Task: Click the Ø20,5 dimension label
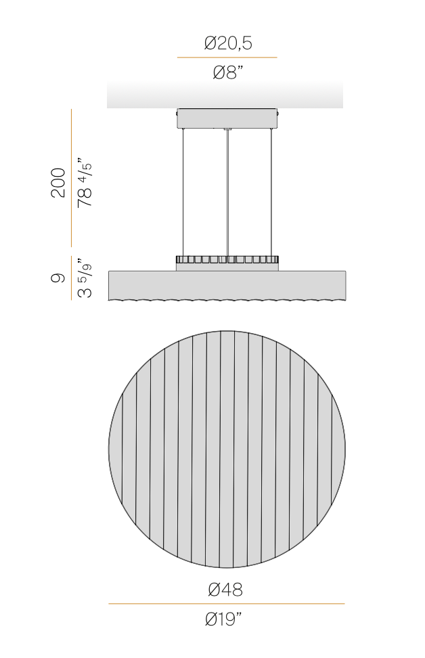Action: point(227,44)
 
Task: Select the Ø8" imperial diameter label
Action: point(227,73)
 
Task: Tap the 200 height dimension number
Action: point(59,183)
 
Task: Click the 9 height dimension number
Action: point(59,278)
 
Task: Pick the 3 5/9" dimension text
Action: point(85,278)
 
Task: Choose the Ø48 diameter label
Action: point(226,590)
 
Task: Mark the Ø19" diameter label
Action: point(226,619)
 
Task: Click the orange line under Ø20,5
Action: point(227,58)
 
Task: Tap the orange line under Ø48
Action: point(226,604)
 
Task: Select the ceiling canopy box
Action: point(227,118)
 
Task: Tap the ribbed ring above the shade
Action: point(227,259)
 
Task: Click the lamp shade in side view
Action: point(227,284)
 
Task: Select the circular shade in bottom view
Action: point(227,449)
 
